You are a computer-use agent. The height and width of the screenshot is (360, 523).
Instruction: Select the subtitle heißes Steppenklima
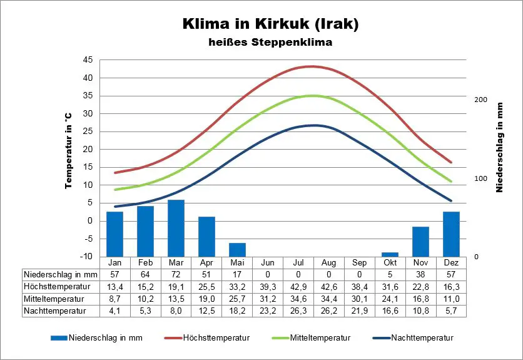pos(270,43)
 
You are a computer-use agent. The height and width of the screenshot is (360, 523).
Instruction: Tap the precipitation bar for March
pos(176,228)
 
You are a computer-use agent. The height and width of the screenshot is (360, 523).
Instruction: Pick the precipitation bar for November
pos(420,241)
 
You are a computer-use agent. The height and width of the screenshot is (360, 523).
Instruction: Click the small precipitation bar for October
pos(390,254)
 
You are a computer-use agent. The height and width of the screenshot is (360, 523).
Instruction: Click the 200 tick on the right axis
pos(480,100)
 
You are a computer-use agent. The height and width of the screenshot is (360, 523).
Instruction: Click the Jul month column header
pos(298,262)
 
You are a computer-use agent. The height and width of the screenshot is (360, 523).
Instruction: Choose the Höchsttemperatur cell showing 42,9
pos(298,286)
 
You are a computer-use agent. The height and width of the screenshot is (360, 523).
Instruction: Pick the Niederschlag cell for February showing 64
pos(145,274)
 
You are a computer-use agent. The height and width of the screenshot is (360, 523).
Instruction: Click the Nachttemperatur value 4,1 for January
pos(114,310)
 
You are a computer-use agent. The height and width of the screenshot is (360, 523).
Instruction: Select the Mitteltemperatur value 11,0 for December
pos(451,298)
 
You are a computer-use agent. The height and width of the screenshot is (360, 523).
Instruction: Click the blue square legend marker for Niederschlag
pos(59,338)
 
